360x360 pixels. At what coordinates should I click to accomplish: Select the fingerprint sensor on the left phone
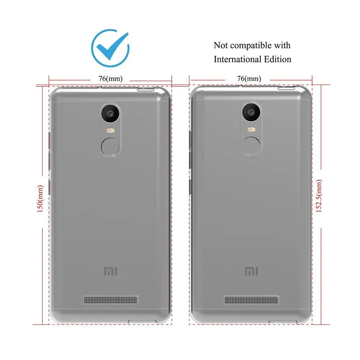click(x=110, y=147)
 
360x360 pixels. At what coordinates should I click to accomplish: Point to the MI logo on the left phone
click(x=110, y=271)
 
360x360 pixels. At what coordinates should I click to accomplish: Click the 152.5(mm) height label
click(x=319, y=196)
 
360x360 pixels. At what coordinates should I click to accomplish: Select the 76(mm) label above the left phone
click(x=110, y=78)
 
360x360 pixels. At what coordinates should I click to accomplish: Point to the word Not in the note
click(x=221, y=46)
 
